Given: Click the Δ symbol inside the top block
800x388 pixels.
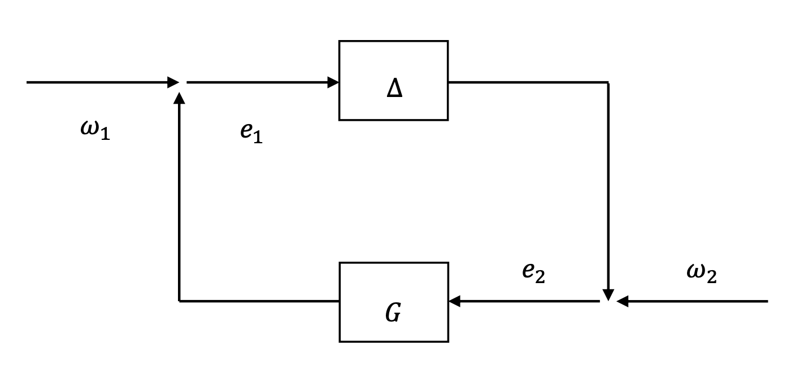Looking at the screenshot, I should [394, 89].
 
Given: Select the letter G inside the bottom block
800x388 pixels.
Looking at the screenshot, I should [393, 313].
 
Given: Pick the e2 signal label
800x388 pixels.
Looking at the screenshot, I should [533, 273].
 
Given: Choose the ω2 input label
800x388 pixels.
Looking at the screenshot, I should [702, 273].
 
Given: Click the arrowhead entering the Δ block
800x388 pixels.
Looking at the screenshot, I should [333, 82].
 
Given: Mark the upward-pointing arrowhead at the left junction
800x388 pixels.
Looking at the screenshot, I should [179, 99].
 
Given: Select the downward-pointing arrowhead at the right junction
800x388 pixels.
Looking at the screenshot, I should [608, 295].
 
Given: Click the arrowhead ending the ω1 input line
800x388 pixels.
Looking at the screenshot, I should [173, 82].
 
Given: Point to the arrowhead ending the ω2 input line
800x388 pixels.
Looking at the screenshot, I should [623, 301].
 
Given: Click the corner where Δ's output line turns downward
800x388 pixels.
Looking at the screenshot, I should [608, 82].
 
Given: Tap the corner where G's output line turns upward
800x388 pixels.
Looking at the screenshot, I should [179, 301].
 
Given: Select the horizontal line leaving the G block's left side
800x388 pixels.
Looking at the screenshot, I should [260, 301].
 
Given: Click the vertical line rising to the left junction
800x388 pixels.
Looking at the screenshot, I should [179, 197].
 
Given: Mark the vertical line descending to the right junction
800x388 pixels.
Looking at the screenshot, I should [608, 186].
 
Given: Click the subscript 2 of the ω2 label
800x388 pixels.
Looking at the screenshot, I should [711, 277].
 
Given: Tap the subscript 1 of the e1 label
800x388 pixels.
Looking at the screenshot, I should [258, 138].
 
